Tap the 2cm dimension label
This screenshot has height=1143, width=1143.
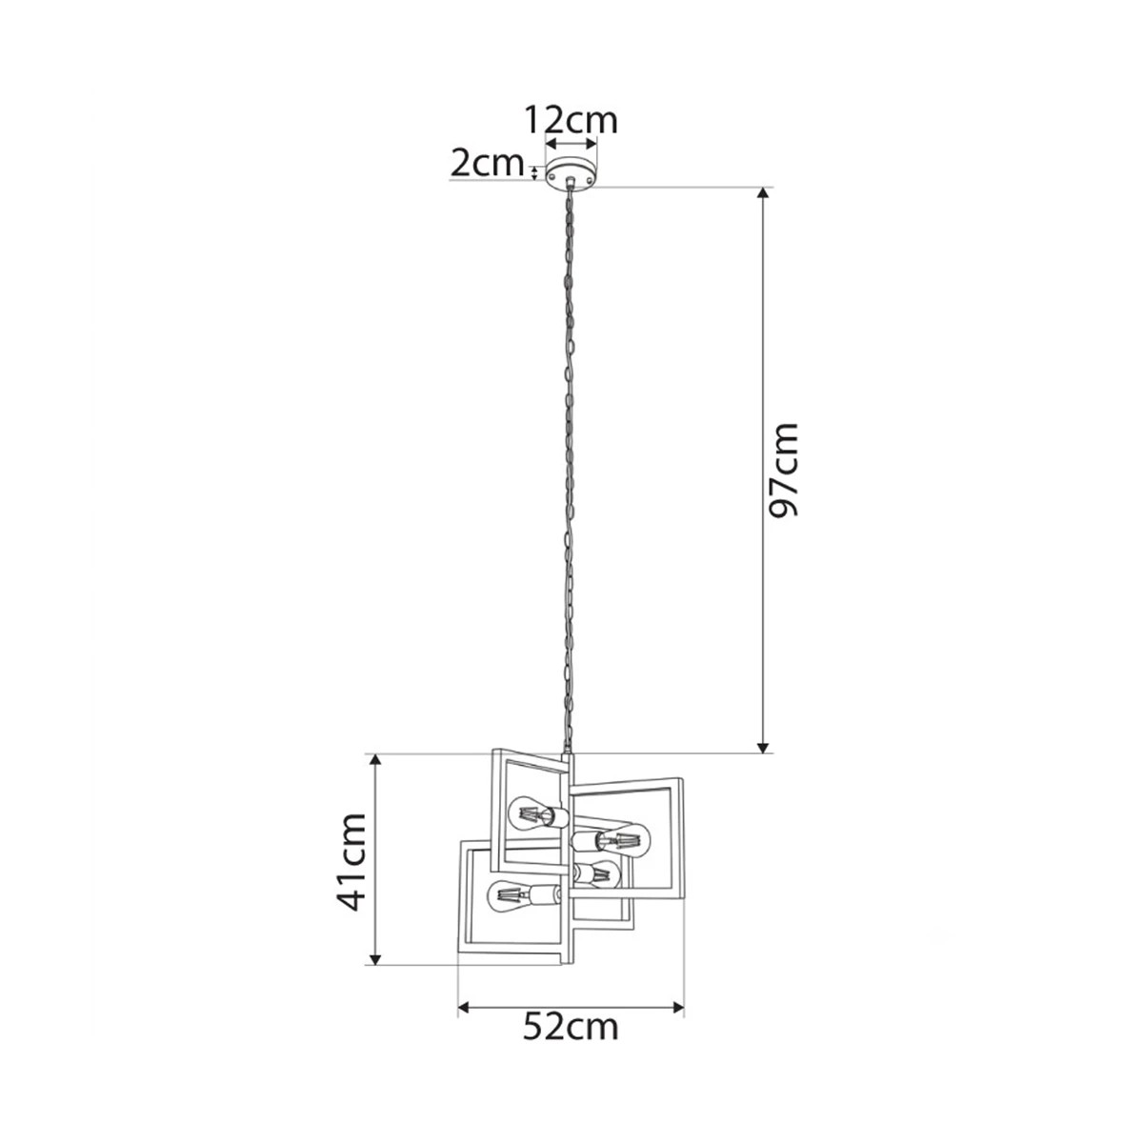(x=488, y=163)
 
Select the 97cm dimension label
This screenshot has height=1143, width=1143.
(x=782, y=471)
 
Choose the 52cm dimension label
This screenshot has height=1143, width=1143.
(x=571, y=1043)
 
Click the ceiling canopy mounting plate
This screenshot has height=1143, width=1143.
(x=571, y=173)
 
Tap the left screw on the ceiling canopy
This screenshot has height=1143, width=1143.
(x=552, y=176)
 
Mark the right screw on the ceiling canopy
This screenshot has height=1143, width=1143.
(x=589, y=176)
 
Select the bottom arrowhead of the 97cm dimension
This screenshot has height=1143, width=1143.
(x=764, y=747)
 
